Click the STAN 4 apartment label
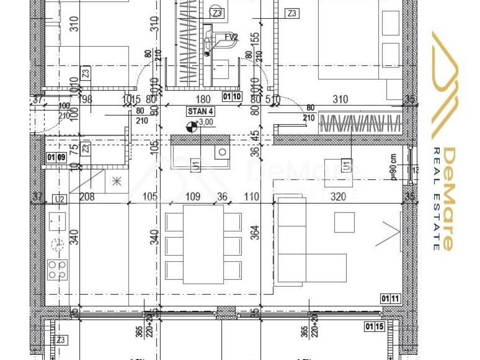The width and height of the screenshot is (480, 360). pyautogui.click(x=200, y=112)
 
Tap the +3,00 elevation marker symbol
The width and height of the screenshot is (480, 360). pyautogui.click(x=191, y=126)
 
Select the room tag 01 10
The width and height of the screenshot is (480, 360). pyautogui.click(x=232, y=97)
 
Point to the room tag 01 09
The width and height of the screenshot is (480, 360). pyautogui.click(x=56, y=157)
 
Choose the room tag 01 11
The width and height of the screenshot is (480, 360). pyautogui.click(x=390, y=298)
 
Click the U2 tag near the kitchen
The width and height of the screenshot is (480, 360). pyautogui.click(x=59, y=200)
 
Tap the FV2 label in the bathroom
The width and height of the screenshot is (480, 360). pyautogui.click(x=231, y=37)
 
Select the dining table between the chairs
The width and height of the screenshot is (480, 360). pyautogui.click(x=203, y=244)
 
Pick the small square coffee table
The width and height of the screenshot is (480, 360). pyautogui.click(x=344, y=222)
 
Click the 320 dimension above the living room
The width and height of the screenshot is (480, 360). pyautogui.click(x=338, y=196)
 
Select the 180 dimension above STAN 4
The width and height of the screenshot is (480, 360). pyautogui.click(x=202, y=99)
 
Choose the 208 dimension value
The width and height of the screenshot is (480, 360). pyautogui.click(x=87, y=196)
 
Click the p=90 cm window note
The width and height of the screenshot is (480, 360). pyautogui.click(x=394, y=167)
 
